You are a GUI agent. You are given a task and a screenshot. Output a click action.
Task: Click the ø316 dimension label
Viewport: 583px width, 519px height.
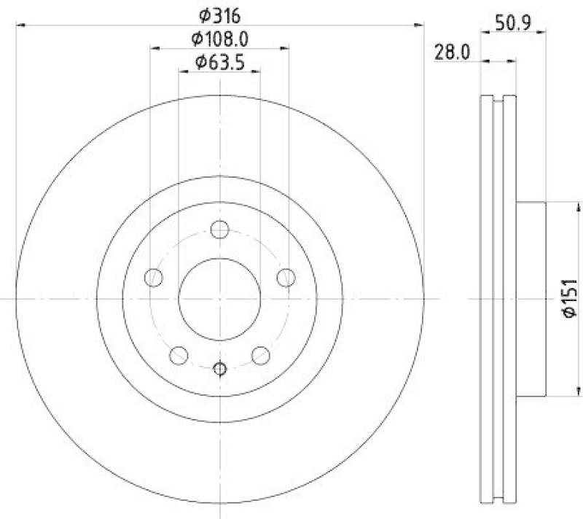point(219,14)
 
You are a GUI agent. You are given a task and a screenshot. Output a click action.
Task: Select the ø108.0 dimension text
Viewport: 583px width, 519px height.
point(219,38)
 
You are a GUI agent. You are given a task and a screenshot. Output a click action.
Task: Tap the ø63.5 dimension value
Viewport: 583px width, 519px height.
point(219,63)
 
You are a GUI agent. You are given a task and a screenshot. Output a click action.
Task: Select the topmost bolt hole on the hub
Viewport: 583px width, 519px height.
point(219,230)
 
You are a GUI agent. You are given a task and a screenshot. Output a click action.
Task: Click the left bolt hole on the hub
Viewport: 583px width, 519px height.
point(154,277)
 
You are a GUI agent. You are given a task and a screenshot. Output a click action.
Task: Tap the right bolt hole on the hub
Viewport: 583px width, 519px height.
point(286,277)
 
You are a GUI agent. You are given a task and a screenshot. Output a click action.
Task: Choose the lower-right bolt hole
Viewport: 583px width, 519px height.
point(260,355)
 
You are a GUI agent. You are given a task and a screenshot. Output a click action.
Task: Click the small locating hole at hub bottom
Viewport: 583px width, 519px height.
point(219,368)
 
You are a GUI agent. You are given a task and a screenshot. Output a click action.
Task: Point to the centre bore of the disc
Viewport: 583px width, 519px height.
point(219,299)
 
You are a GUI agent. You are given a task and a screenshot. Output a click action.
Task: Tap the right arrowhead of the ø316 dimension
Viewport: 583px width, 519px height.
point(420,26)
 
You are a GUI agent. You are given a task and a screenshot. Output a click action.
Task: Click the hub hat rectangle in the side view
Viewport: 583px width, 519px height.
point(530,299)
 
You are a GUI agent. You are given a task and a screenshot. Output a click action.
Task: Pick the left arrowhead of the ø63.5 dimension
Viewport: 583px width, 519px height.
point(182,71)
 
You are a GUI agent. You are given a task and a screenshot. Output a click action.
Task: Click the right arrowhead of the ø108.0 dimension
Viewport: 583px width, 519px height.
point(285,48)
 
